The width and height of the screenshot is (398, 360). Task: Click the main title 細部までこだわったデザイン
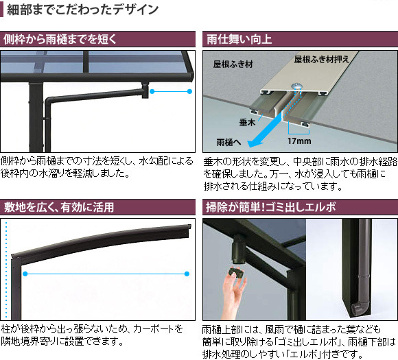(82, 10)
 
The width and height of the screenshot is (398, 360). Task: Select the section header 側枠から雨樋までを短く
(60, 39)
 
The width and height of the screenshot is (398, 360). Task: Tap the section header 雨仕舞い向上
(239, 40)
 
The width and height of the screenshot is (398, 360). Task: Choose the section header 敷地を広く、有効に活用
(59, 207)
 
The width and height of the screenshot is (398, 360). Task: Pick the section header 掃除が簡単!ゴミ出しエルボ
(271, 207)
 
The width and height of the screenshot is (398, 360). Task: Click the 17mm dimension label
(299, 141)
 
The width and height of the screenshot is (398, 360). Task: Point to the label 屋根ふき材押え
(322, 60)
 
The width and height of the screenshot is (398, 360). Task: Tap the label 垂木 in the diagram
(247, 123)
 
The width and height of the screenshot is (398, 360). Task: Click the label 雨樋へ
(229, 143)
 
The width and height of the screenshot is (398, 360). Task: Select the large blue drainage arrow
(266, 130)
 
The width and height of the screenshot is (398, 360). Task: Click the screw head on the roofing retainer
(296, 86)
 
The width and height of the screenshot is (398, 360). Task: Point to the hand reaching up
(233, 294)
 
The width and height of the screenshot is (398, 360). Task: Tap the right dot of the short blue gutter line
(189, 91)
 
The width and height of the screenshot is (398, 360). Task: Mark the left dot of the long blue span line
(25, 274)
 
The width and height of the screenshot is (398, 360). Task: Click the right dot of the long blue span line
(187, 274)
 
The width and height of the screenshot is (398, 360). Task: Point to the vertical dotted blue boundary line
(6, 269)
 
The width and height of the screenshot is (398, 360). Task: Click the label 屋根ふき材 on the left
(233, 64)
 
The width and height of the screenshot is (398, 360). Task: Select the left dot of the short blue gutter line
(152, 91)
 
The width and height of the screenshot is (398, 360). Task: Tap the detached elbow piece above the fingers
(237, 272)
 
